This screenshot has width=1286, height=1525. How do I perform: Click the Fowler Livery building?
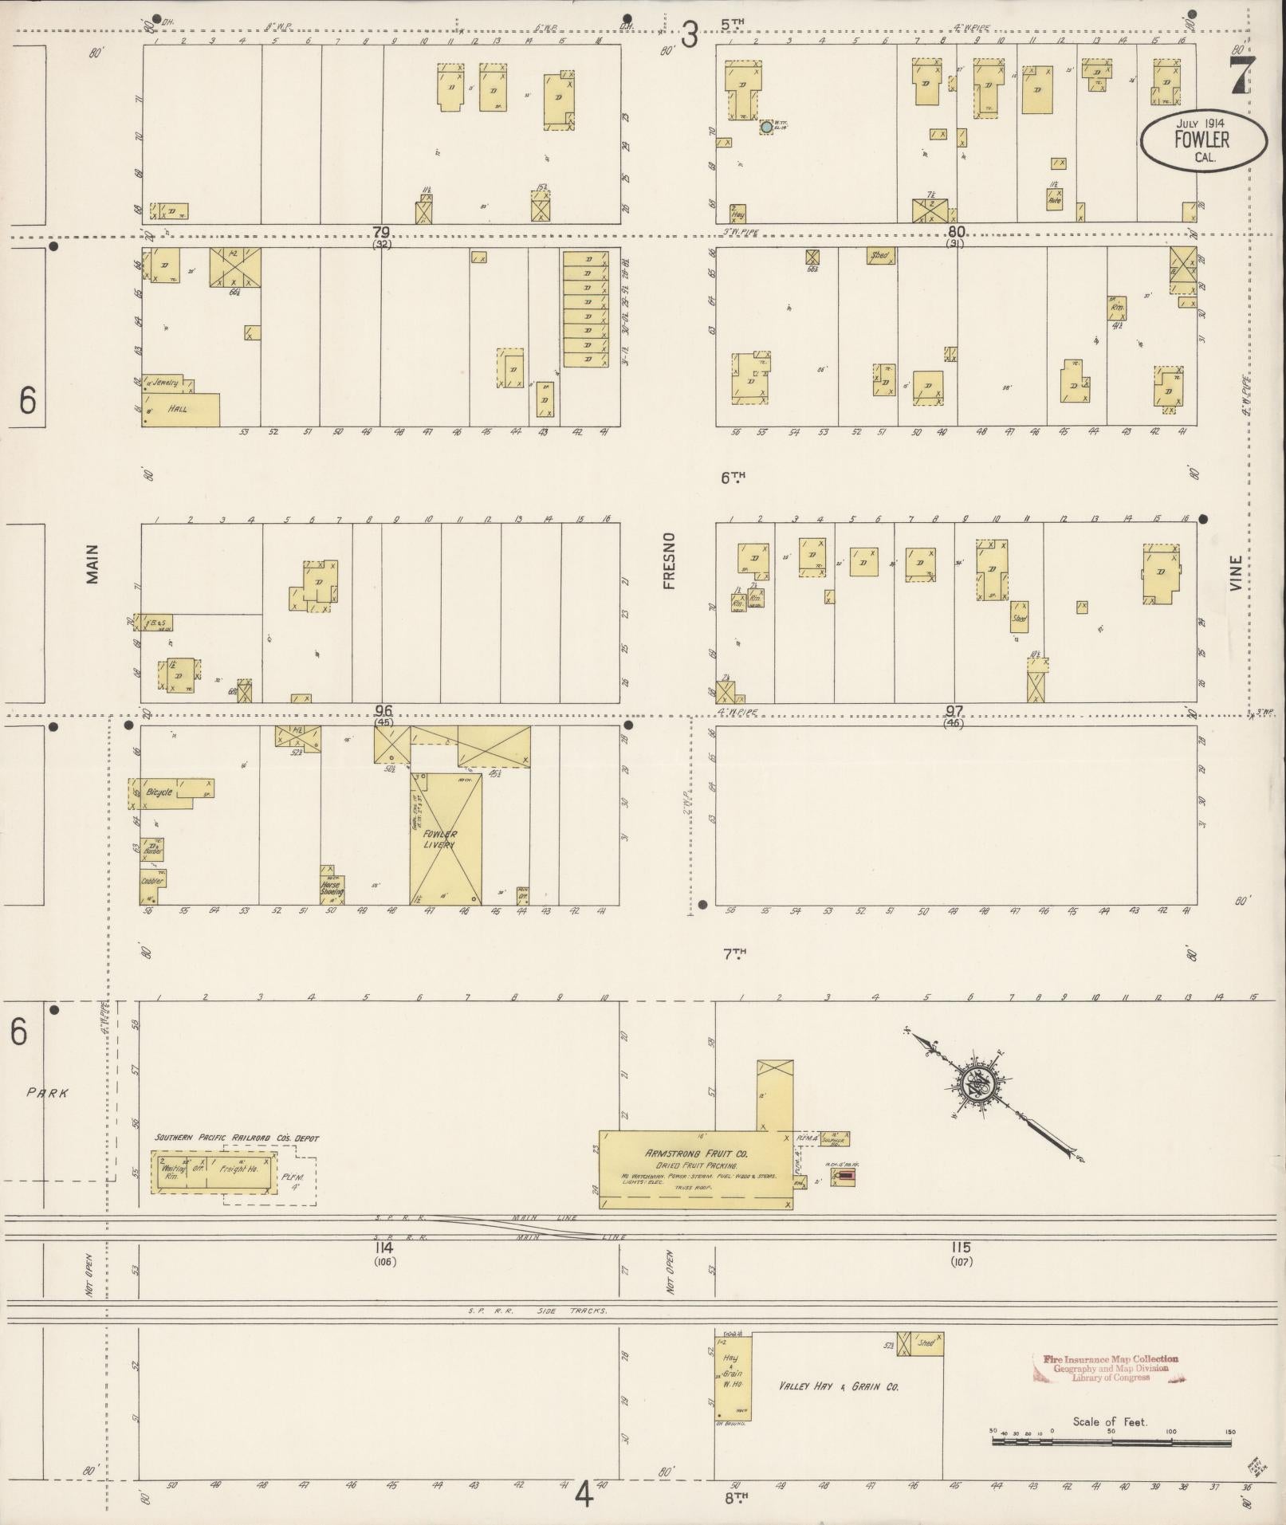click(x=446, y=838)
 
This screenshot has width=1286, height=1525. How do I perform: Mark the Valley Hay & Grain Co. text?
click(x=839, y=1386)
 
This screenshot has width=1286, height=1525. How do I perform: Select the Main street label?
click(x=92, y=564)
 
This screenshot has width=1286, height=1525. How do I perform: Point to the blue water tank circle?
click(x=766, y=126)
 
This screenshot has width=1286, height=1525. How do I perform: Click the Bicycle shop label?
click(x=159, y=792)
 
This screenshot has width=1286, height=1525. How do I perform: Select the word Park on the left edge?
click(x=48, y=1094)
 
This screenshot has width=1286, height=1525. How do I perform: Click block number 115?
click(x=961, y=1248)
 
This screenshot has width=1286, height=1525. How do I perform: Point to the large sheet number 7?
click(x=1240, y=77)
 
